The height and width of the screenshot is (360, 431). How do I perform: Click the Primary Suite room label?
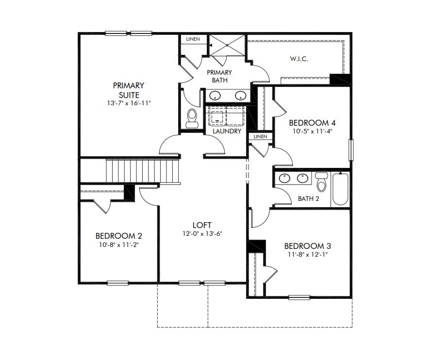click(129, 90)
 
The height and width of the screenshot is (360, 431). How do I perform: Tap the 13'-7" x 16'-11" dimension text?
click(129, 103)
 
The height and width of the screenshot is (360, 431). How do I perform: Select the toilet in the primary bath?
click(192, 118)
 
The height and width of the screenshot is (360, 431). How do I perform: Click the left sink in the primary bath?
click(215, 96)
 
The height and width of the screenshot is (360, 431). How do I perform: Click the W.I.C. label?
click(299, 59)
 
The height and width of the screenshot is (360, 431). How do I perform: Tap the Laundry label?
click(227, 131)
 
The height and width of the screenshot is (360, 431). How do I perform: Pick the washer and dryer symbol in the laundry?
click(227, 116)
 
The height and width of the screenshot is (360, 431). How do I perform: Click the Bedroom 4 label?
click(312, 123)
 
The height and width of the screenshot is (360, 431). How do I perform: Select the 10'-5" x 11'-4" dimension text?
click(312, 131)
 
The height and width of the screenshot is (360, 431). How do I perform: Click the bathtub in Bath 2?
click(340, 189)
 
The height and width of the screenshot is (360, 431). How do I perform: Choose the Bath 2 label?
click(308, 198)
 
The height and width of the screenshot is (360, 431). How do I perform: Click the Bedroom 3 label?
click(308, 245)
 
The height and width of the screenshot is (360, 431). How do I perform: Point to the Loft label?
click(202, 225)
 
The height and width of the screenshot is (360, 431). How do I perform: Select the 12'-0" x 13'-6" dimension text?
click(202, 233)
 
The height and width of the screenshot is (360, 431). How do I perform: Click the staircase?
click(143, 171)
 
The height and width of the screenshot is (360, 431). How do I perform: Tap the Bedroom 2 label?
click(119, 236)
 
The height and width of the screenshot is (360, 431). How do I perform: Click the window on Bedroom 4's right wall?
click(351, 150)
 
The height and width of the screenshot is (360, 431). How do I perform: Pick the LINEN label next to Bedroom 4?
click(260, 137)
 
